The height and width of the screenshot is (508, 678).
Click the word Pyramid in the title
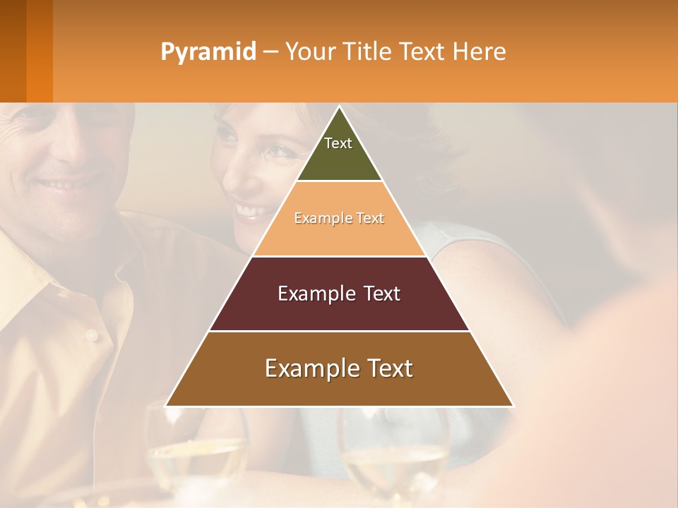(x=208, y=52)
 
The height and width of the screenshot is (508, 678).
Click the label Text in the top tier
(x=338, y=143)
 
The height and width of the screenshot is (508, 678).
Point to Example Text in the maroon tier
(x=339, y=294)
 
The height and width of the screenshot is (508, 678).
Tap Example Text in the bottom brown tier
(x=339, y=368)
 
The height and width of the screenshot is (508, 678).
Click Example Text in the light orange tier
(x=339, y=218)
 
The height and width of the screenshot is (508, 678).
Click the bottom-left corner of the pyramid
(x=167, y=406)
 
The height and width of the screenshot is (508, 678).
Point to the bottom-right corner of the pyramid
(x=513, y=406)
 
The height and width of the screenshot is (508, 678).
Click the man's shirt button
(x=91, y=335)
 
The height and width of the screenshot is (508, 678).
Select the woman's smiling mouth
(x=251, y=210)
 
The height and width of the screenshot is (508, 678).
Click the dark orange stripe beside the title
(x=40, y=51)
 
